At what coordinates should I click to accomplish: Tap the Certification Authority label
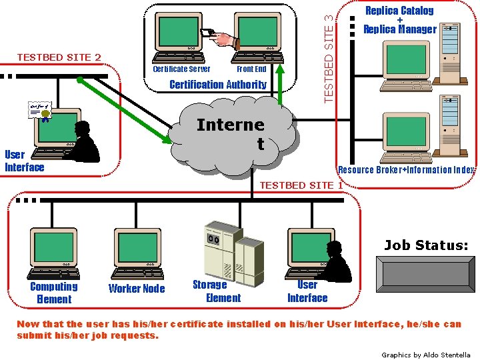pyautogui.click(x=217, y=85)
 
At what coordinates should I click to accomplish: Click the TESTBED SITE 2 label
pyautogui.click(x=59, y=57)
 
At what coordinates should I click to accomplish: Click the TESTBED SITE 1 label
pyautogui.click(x=301, y=185)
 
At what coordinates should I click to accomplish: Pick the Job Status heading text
pyautogui.click(x=425, y=245)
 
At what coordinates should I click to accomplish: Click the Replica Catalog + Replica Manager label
pyautogui.click(x=399, y=19)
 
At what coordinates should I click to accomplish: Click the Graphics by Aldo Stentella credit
pyautogui.click(x=425, y=355)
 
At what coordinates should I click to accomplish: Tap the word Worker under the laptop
pyautogui.click(x=123, y=289)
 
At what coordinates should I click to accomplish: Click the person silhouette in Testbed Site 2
pyautogui.click(x=85, y=142)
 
